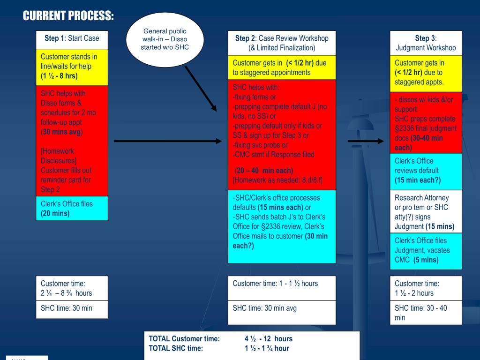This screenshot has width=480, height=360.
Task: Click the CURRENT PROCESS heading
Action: [x=68, y=16]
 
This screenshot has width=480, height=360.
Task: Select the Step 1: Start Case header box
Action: [x=72, y=38]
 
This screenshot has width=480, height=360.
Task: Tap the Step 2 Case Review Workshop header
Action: [x=282, y=43]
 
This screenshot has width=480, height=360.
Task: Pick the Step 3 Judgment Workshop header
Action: [x=426, y=43]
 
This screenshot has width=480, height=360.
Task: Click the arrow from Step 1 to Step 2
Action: [x=167, y=141]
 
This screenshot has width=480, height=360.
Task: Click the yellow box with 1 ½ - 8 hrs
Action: [x=72, y=67]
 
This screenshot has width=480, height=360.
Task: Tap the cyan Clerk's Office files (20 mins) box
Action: [x=72, y=208]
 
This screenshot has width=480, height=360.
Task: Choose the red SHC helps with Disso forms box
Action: [x=72, y=141]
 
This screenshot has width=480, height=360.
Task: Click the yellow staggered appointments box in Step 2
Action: [x=282, y=68]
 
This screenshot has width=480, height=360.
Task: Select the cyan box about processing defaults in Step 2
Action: [x=282, y=226]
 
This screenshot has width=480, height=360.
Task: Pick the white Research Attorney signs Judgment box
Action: [x=426, y=211]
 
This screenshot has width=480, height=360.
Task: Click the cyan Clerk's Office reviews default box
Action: [x=426, y=171]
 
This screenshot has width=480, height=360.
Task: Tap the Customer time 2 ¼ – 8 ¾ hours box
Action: [x=72, y=288]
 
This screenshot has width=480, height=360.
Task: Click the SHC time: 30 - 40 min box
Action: [x=426, y=312]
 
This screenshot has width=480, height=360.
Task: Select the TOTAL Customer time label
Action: [x=184, y=338]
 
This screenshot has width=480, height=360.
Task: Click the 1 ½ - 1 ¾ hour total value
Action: [x=267, y=348]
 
